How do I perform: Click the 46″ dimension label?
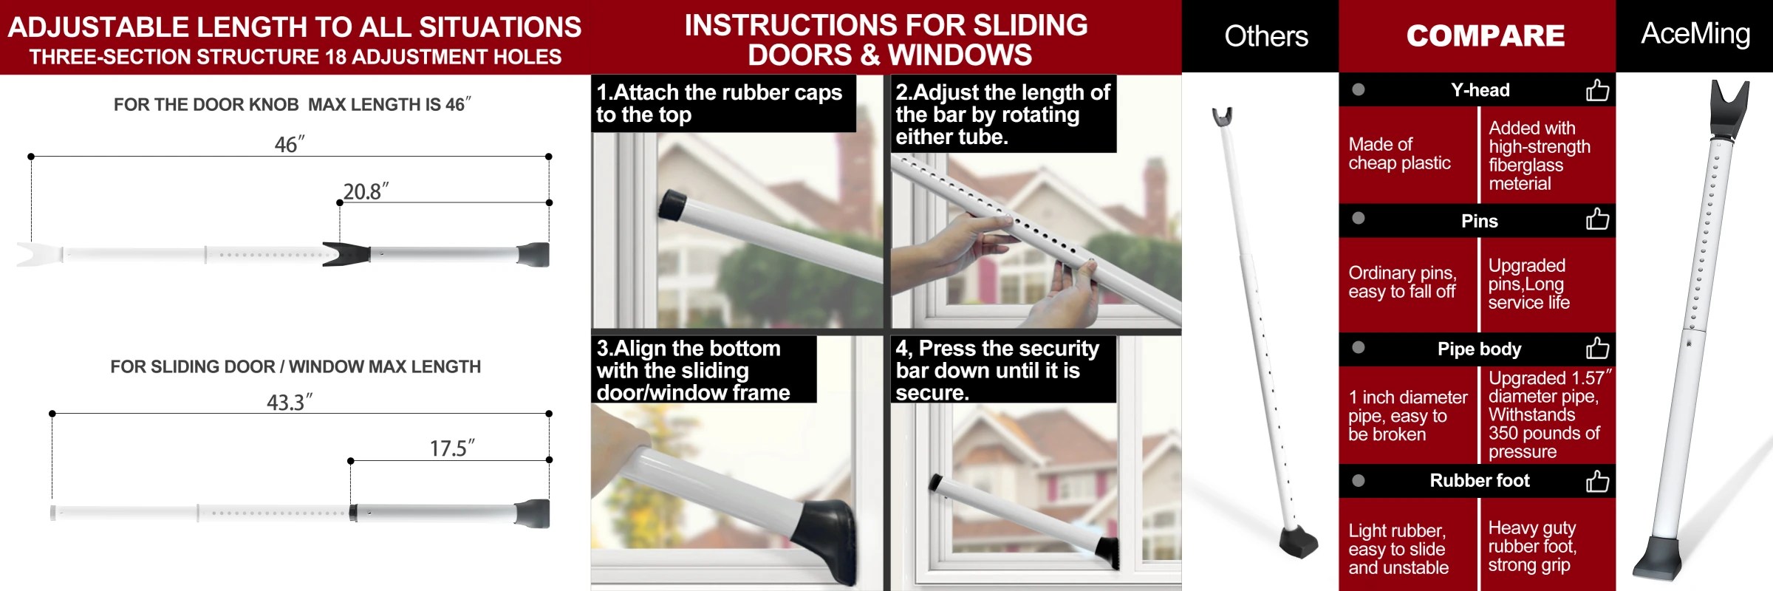coord(289,144)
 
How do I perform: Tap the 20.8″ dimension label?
coord(365,191)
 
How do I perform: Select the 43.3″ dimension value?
coord(289,403)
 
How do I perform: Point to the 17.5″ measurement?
coord(451,448)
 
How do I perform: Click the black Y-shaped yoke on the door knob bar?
coord(346,254)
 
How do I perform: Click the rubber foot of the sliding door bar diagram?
coord(533,513)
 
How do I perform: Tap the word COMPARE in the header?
coord(1485,35)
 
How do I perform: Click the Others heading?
coord(1265,36)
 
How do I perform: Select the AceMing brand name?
coord(1695,34)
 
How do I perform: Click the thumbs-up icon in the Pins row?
coord(1597,219)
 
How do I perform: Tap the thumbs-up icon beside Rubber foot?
coord(1597,481)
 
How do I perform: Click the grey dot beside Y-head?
coord(1358,90)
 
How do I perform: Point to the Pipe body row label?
coord(1479,349)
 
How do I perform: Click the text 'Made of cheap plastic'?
coord(1399,154)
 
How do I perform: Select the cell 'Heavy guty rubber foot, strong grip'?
coord(1532,547)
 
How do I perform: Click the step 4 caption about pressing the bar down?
coord(997,369)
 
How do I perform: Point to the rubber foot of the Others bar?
coord(1300,542)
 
